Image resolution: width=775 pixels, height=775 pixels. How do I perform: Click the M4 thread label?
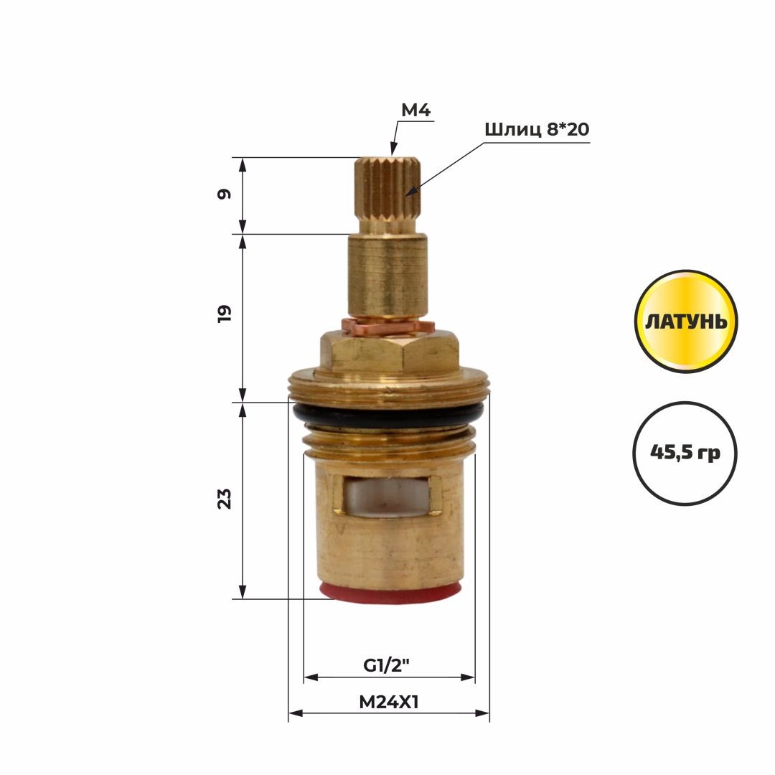[415, 111]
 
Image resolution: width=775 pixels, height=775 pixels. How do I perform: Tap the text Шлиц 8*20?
[537, 129]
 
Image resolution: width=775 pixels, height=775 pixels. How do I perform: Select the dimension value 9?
[224, 194]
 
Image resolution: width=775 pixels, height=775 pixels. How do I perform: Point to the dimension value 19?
[224, 314]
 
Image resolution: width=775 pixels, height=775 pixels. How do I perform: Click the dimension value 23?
[224, 499]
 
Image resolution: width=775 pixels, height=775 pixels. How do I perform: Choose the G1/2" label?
[387, 666]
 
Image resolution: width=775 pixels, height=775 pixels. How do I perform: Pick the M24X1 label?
[388, 702]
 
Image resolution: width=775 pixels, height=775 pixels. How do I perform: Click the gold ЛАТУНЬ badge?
[686, 321]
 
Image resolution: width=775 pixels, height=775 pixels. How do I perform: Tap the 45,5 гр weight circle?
[685, 453]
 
